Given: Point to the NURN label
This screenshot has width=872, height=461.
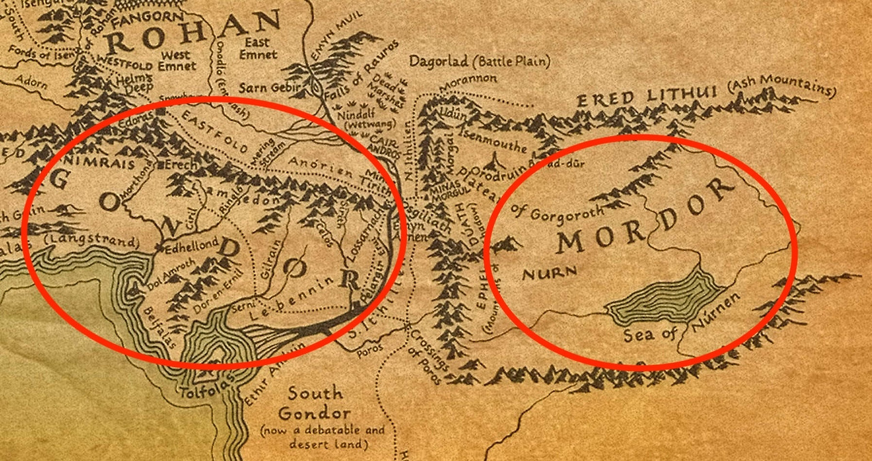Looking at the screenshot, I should [549, 274].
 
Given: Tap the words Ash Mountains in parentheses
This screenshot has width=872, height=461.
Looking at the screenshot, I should [781, 89].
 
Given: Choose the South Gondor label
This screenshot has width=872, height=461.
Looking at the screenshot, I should [314, 403].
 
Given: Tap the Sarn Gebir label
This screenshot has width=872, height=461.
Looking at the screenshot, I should [266, 89].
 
